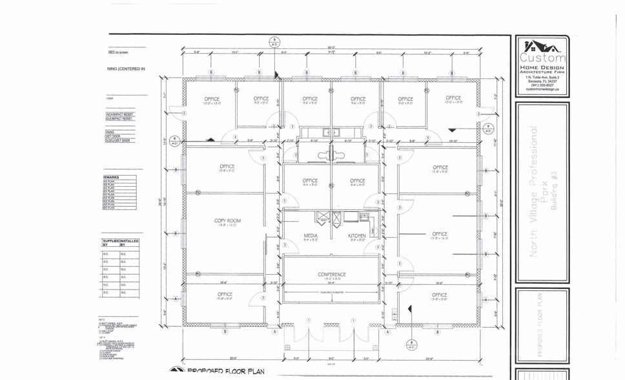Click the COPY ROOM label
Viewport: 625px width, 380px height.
227,221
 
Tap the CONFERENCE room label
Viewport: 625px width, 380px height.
332,275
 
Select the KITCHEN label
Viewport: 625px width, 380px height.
357,236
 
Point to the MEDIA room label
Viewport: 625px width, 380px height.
310,236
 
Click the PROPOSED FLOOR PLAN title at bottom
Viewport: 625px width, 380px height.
226,372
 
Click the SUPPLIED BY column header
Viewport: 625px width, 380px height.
110,244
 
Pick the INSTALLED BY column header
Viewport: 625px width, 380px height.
128,244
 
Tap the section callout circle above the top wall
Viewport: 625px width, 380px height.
274,40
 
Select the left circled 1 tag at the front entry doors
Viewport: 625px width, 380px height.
309,320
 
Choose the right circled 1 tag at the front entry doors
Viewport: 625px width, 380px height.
354,320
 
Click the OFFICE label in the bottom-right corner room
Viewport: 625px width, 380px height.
439,295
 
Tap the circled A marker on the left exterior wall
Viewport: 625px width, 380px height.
176,299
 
